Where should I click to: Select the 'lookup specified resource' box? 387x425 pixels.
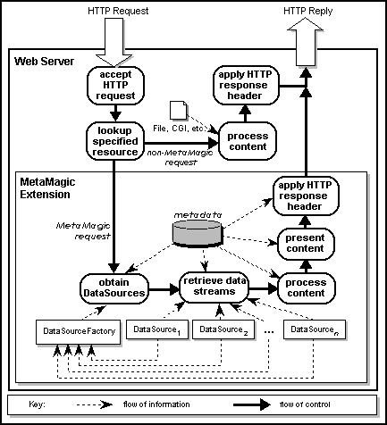point(114,139)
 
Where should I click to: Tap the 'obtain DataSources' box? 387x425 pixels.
point(114,287)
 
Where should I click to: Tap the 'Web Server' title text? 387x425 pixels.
point(45,62)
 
